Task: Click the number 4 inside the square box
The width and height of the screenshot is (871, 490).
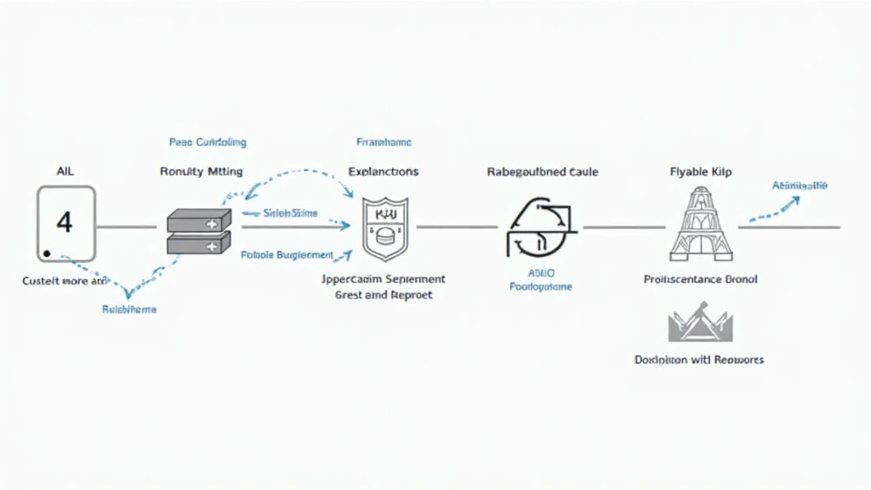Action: pos(65,223)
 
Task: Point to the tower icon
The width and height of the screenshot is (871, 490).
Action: pos(701,224)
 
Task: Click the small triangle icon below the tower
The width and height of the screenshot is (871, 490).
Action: pos(699,326)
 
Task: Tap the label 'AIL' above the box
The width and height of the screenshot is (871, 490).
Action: pos(65,171)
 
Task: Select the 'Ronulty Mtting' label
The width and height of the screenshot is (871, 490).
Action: pos(201,171)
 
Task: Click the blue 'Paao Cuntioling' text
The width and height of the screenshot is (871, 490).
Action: pos(208,142)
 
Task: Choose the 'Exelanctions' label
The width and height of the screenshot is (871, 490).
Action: pos(384,171)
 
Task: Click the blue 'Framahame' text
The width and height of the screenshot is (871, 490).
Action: pos(384,142)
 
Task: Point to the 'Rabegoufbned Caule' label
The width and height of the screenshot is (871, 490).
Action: pos(543,171)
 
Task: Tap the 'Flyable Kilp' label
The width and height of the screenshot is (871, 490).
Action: pos(701,171)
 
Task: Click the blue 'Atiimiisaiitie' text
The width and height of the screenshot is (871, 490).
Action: pos(799,185)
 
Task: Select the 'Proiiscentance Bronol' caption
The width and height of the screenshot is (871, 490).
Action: pos(701,279)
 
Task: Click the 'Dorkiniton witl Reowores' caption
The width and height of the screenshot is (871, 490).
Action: pos(699,360)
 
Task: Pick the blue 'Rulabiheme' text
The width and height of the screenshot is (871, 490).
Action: pos(129,310)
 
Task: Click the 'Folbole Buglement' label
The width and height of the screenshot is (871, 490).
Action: pos(287,254)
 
